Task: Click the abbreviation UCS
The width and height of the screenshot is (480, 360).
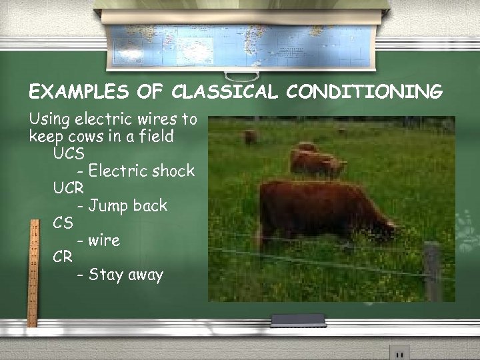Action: [x=69, y=153]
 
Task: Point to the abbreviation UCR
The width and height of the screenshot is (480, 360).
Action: [x=69, y=188]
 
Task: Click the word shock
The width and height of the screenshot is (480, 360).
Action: [x=173, y=171]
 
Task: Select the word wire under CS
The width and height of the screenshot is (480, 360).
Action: [x=105, y=240]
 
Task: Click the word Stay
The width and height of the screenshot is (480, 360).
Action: [x=107, y=275]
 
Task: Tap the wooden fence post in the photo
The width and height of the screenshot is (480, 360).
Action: [x=433, y=270]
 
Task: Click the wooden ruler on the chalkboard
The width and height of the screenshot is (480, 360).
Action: [x=32, y=273]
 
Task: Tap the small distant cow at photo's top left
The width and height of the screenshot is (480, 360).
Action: [x=251, y=137]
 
